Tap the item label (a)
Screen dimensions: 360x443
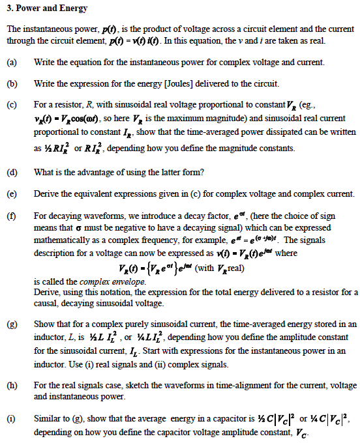(x=11, y=62)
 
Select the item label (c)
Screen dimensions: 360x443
(x=11, y=104)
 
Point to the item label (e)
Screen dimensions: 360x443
(x=11, y=194)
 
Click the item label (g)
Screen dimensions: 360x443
(x=11, y=324)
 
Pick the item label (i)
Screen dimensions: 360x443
(x=11, y=420)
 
